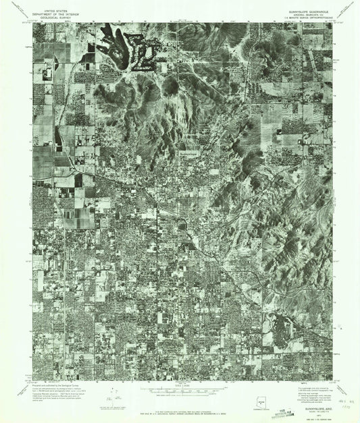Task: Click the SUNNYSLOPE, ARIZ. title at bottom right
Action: (306, 398)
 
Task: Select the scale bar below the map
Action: (180, 390)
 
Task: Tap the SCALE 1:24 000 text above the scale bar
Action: (180, 385)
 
